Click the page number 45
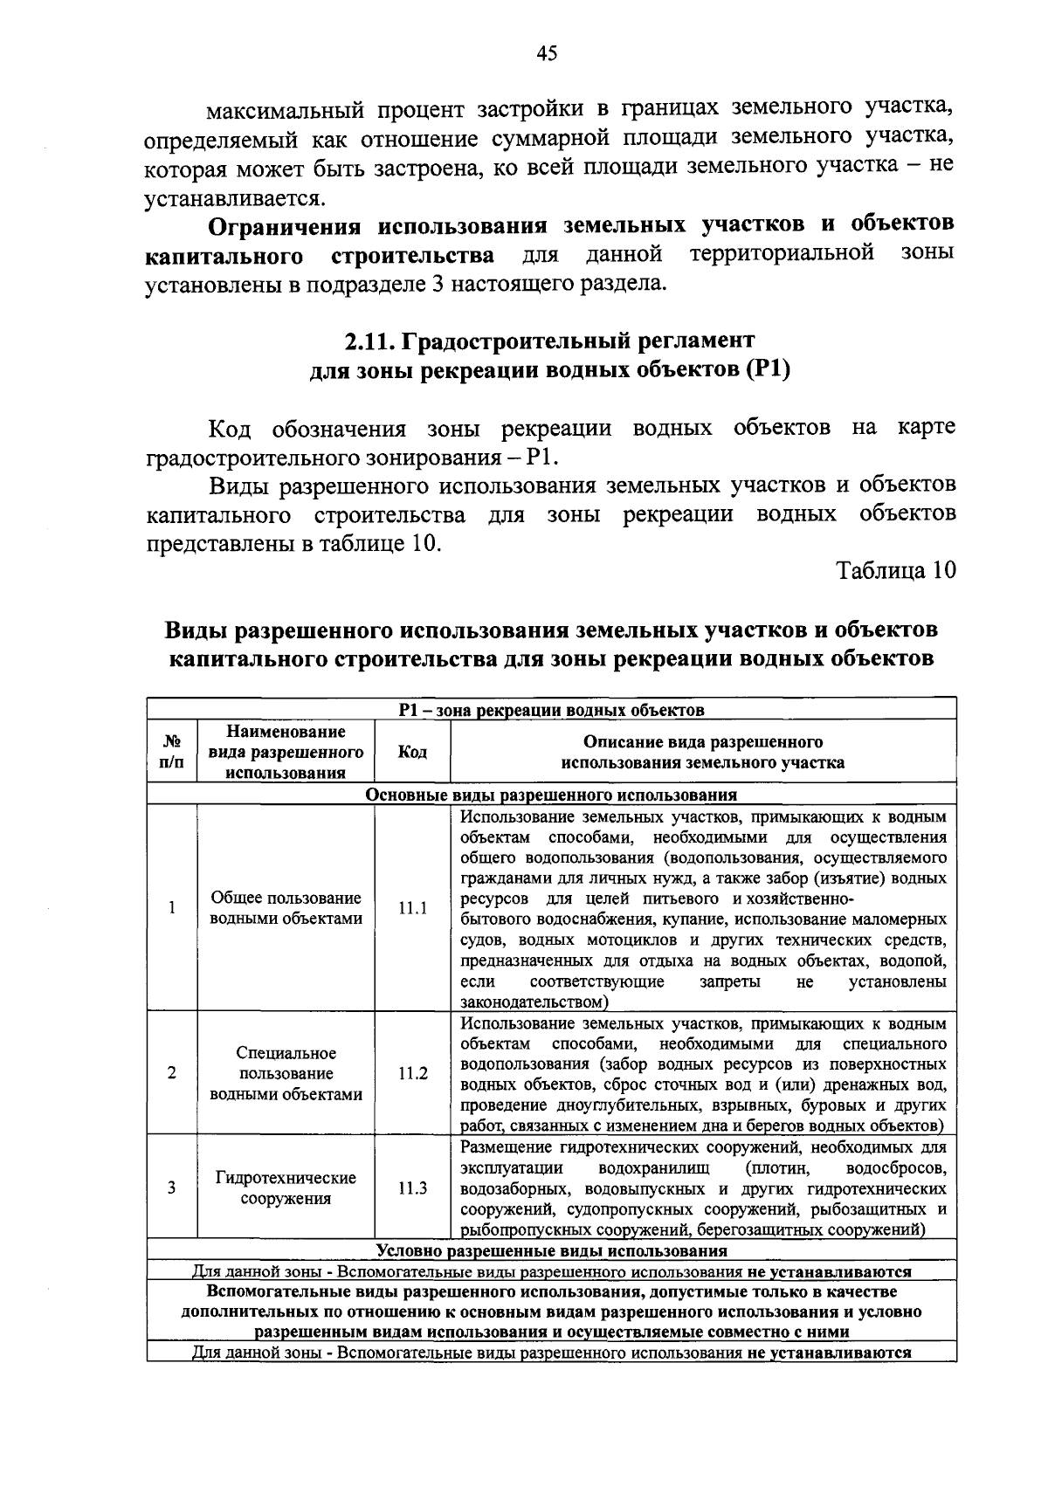coord(547,53)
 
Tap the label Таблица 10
coord(896,570)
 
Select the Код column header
coord(412,752)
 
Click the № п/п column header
coord(172,752)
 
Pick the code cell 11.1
coord(412,908)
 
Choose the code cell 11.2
coord(412,1073)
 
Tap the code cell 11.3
coord(412,1188)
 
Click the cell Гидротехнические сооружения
coord(286,1188)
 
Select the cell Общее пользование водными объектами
coord(286,908)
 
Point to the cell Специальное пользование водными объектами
coord(286,1073)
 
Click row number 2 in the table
coord(172,1073)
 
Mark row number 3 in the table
coord(172,1188)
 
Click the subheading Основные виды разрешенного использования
coord(551,795)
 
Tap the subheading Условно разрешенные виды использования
coord(551,1250)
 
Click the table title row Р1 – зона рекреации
coord(551,709)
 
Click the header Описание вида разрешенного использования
coord(702,752)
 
